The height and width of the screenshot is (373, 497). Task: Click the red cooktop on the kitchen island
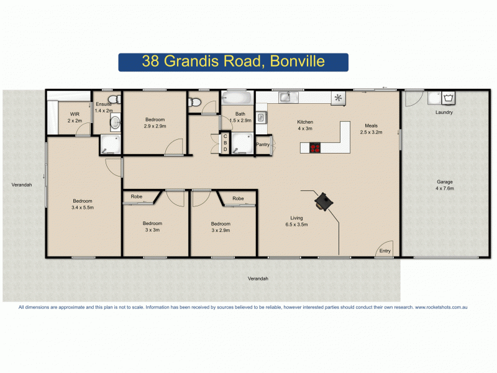coord(315,148)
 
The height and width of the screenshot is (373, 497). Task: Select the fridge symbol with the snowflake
coord(339,98)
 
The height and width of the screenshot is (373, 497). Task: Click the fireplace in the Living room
coord(324,201)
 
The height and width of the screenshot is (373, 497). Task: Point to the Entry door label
coord(385,251)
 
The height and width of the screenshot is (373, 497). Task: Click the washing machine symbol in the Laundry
coord(447,98)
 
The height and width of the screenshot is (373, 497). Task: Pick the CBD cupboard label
coord(225,144)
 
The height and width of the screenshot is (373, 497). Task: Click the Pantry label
coord(263,145)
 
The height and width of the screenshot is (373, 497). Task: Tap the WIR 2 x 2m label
coord(75,117)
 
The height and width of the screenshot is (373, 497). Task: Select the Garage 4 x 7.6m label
coord(444,185)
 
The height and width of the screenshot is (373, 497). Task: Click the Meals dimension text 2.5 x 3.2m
coord(371,132)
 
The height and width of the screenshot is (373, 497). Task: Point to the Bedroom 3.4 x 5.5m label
coord(83,204)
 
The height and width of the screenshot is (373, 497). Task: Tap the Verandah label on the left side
coord(21,185)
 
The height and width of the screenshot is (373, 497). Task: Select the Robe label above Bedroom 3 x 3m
coord(136,197)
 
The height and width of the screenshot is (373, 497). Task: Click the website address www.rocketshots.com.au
coord(440,307)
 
